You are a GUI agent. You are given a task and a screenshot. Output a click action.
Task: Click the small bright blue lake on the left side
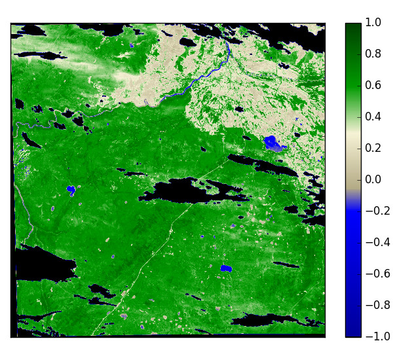[x=71, y=190]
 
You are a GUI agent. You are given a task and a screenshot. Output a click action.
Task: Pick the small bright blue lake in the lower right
[x=227, y=268]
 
